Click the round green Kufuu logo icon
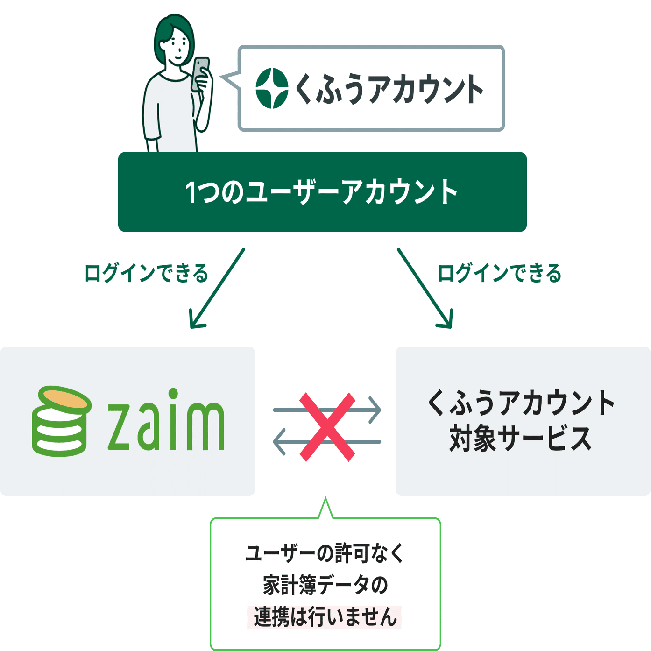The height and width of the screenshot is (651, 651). click(x=272, y=88)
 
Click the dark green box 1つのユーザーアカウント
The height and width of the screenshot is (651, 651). click(x=322, y=192)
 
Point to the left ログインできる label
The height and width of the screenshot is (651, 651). click(x=146, y=273)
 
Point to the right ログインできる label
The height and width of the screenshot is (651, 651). click(x=499, y=273)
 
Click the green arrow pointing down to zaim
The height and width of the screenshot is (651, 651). click(x=218, y=288)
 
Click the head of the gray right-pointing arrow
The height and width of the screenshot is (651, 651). click(x=375, y=410)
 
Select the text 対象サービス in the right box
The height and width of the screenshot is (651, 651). click(x=520, y=439)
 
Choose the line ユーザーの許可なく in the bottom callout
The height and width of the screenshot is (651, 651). click(x=325, y=554)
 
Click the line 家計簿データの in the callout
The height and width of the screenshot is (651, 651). click(x=325, y=585)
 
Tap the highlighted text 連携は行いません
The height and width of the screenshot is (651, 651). click(x=325, y=617)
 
